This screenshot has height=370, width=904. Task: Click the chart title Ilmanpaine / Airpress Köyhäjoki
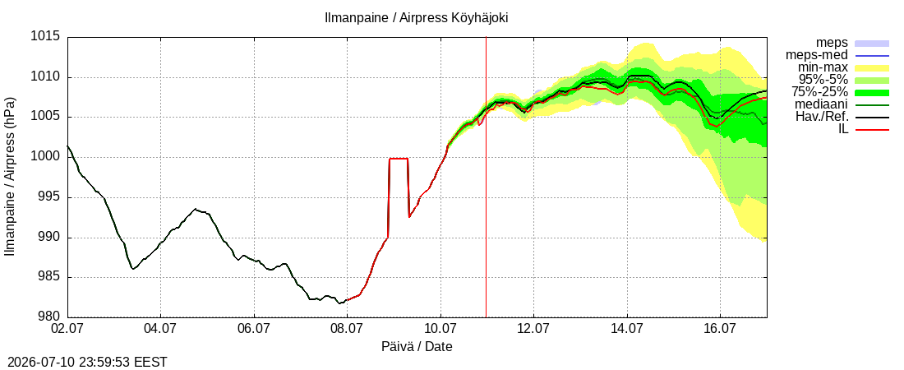(417, 18)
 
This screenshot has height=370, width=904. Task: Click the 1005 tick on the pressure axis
(45, 118)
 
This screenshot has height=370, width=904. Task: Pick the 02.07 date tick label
(68, 330)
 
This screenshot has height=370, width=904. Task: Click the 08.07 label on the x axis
(348, 330)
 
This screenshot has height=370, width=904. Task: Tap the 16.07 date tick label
(721, 330)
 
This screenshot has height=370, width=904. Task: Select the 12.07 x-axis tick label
(534, 330)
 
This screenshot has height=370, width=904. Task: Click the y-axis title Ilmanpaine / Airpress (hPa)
(11, 177)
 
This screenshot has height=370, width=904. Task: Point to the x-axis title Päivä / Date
(417, 347)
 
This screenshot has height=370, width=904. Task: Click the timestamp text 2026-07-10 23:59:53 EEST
(84, 363)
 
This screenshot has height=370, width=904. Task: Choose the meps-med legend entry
(817, 55)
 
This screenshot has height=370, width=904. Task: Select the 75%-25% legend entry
(823, 92)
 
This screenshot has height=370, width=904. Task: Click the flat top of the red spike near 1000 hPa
(399, 159)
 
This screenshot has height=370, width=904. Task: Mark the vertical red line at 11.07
(486, 177)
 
